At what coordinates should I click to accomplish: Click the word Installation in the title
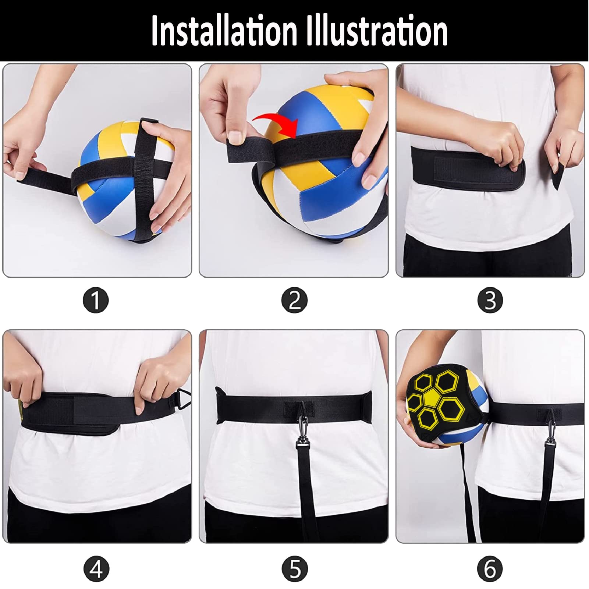pos(224,31)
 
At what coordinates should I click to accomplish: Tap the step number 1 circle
pos(96,300)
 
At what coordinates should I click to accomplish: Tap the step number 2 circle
pos(294,300)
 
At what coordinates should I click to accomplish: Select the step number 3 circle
pos(490,300)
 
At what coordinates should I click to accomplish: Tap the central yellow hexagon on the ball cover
pos(431,398)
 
